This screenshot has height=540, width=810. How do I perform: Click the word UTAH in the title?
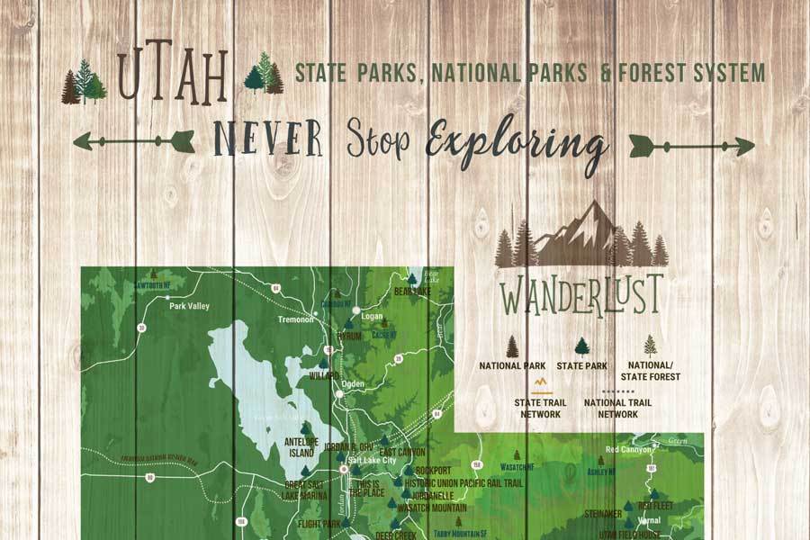(172, 81)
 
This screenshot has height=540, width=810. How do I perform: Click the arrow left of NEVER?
(132, 140)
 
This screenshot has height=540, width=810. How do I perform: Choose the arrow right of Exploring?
(691, 144)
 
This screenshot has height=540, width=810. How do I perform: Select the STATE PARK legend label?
(581, 366)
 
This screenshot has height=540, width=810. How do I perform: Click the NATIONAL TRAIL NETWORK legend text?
(617, 409)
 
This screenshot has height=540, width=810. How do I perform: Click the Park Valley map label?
(190, 306)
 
